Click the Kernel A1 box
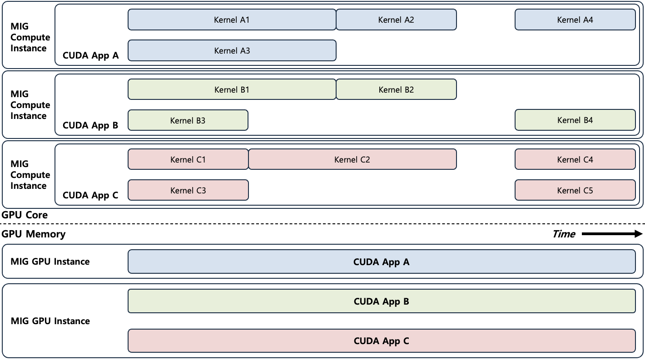pyautogui.click(x=232, y=20)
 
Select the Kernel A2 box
pyautogui.click(x=396, y=20)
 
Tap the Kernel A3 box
pyautogui.click(x=232, y=50)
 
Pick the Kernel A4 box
pyautogui.click(x=575, y=20)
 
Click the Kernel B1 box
pyautogui.click(x=232, y=89)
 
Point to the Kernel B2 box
pyautogui.click(x=396, y=89)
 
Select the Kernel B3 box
pyautogui.click(x=188, y=120)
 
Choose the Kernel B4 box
pyautogui.click(x=575, y=120)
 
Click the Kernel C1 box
pyautogui.click(x=188, y=159)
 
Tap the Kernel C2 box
pyautogui.click(x=352, y=159)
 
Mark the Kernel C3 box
pyautogui.click(x=188, y=190)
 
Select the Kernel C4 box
pyautogui.click(x=575, y=159)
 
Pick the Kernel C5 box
pyautogui.click(x=575, y=190)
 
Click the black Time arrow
pyautogui.click(x=611, y=234)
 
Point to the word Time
pyautogui.click(x=564, y=234)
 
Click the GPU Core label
pyautogui.click(x=25, y=215)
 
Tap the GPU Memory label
pyautogui.click(x=34, y=234)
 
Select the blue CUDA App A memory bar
pyautogui.click(x=381, y=262)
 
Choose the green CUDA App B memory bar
pyautogui.click(x=381, y=301)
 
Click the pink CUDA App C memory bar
pyautogui.click(x=381, y=341)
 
